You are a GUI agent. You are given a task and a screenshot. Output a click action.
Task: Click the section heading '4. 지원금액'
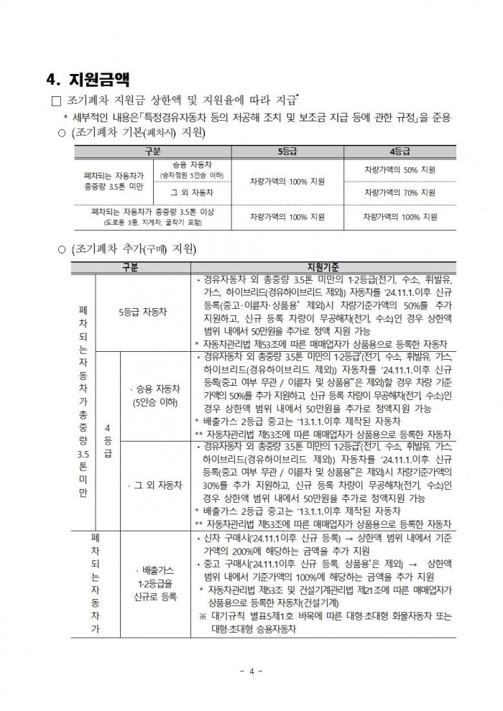(88, 78)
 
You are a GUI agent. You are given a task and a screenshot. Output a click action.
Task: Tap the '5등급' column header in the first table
(287, 152)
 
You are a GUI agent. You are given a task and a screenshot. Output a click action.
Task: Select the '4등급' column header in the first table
(400, 152)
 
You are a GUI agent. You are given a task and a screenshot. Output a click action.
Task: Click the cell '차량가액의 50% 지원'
(400, 169)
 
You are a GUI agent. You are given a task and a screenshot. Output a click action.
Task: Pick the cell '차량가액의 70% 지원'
(400, 192)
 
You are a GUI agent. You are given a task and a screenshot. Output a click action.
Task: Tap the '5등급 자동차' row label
(142, 312)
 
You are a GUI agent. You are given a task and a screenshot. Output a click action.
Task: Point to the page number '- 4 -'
(251, 671)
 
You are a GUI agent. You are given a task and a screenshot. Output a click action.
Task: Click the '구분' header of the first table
(153, 152)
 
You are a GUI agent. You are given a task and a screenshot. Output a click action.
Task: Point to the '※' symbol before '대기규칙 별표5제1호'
(203, 615)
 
